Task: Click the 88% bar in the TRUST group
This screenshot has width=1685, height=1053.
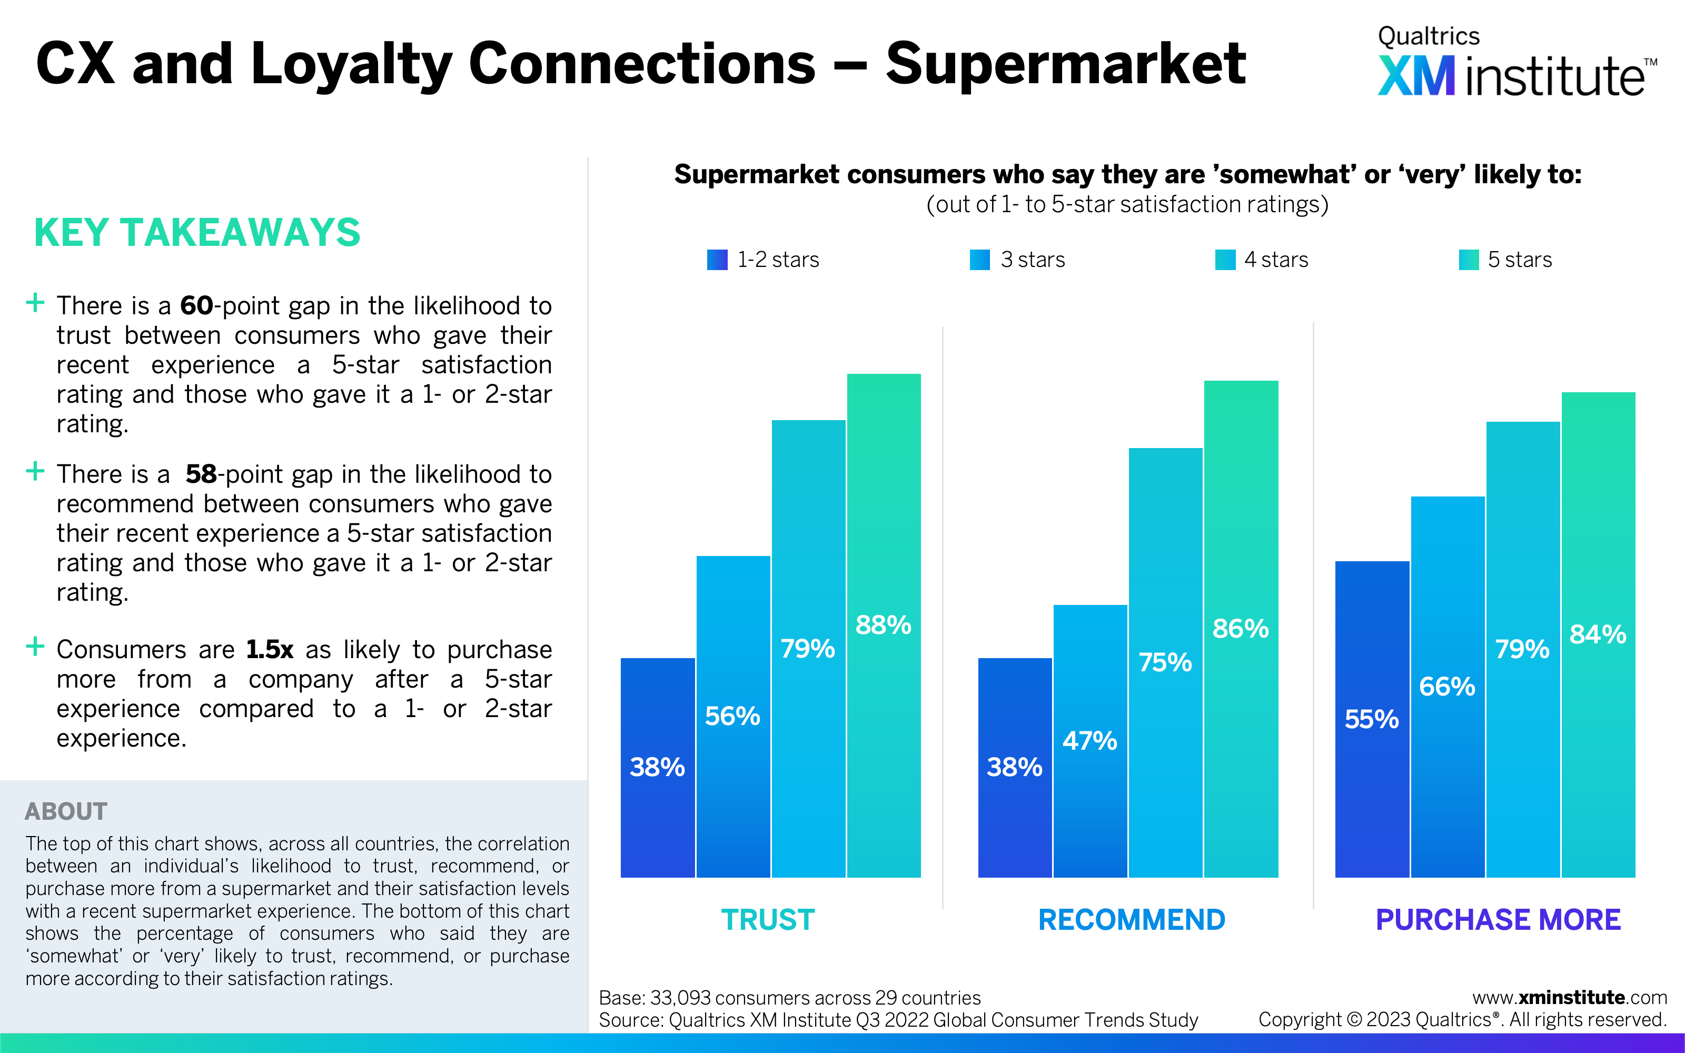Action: [x=884, y=625]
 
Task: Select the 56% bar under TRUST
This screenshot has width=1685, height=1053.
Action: [x=733, y=717]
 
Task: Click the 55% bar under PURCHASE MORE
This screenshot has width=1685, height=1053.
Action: [x=1372, y=719]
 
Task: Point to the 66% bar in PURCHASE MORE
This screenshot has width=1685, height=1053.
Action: [x=1448, y=687]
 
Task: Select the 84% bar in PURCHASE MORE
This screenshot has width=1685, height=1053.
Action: [x=1599, y=634]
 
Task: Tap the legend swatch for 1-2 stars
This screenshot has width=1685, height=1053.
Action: [x=717, y=260]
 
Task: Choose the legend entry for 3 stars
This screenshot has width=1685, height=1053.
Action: [x=1018, y=260]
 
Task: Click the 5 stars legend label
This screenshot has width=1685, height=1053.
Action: [x=1520, y=260]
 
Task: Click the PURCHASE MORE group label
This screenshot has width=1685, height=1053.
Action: [x=1499, y=920]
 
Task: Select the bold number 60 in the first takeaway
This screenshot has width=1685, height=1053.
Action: [x=196, y=306]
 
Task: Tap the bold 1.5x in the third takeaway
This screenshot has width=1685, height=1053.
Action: [x=270, y=650]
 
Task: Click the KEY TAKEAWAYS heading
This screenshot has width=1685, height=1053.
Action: [x=197, y=233]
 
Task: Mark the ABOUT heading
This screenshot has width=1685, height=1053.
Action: [x=66, y=811]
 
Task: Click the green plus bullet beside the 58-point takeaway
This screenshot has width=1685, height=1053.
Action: [x=35, y=472]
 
